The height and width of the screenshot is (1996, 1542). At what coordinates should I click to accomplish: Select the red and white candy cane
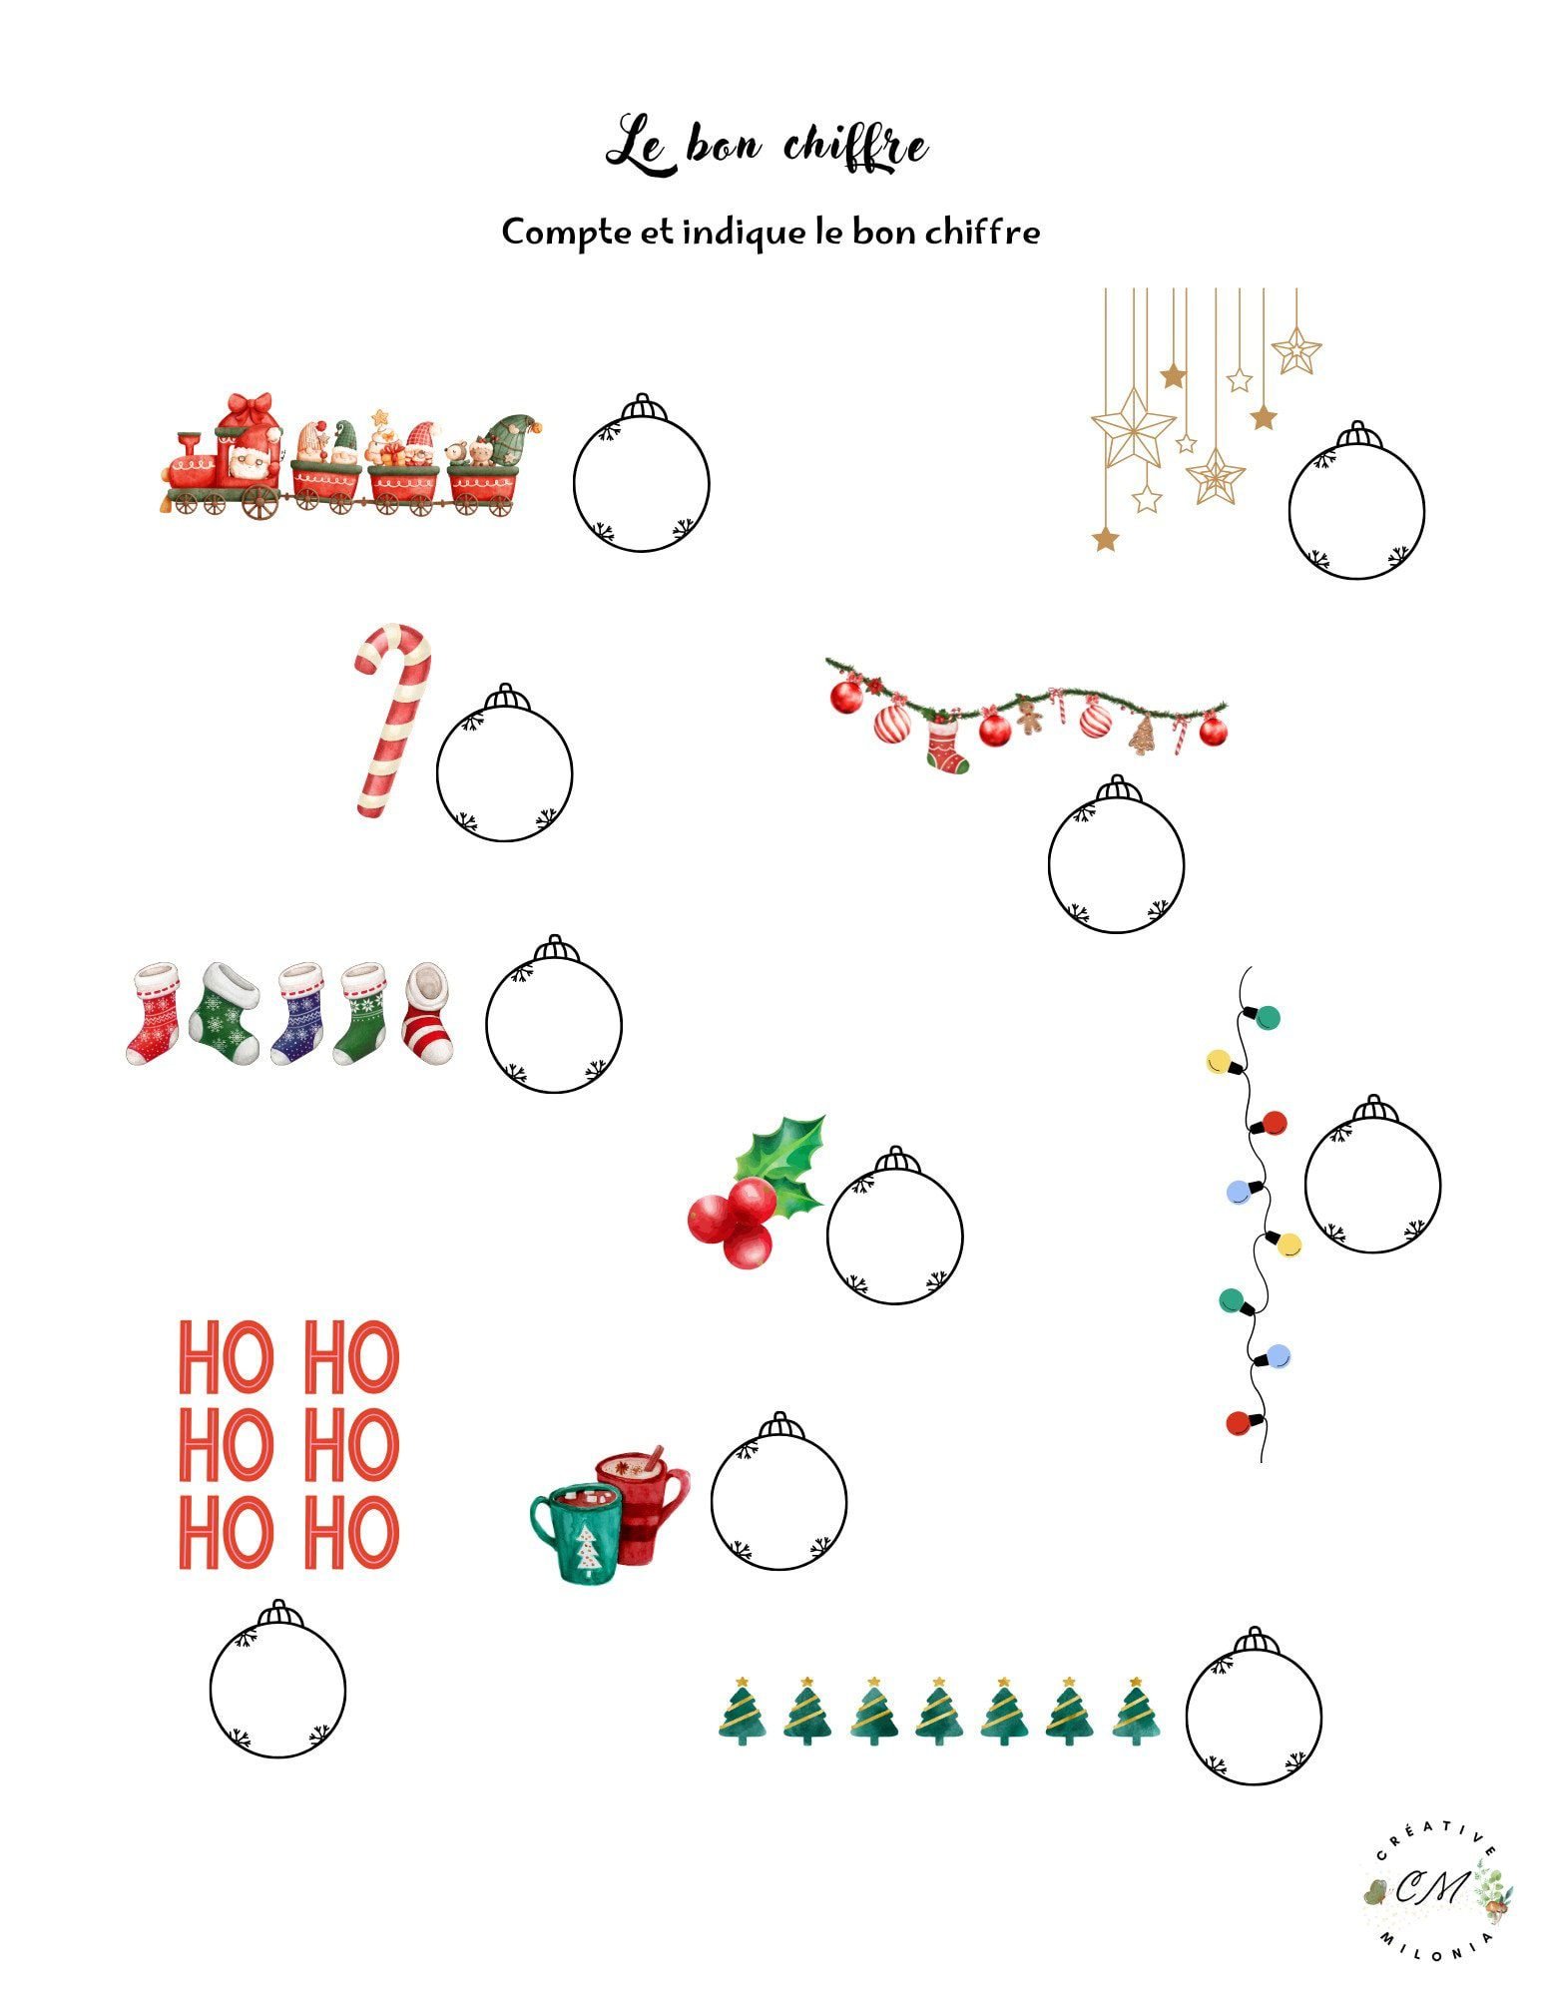pyautogui.click(x=393, y=721)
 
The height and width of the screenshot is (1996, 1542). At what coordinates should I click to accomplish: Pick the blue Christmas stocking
pyautogui.click(x=298, y=1013)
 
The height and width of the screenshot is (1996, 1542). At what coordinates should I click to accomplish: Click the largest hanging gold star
pyautogui.click(x=1133, y=426)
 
